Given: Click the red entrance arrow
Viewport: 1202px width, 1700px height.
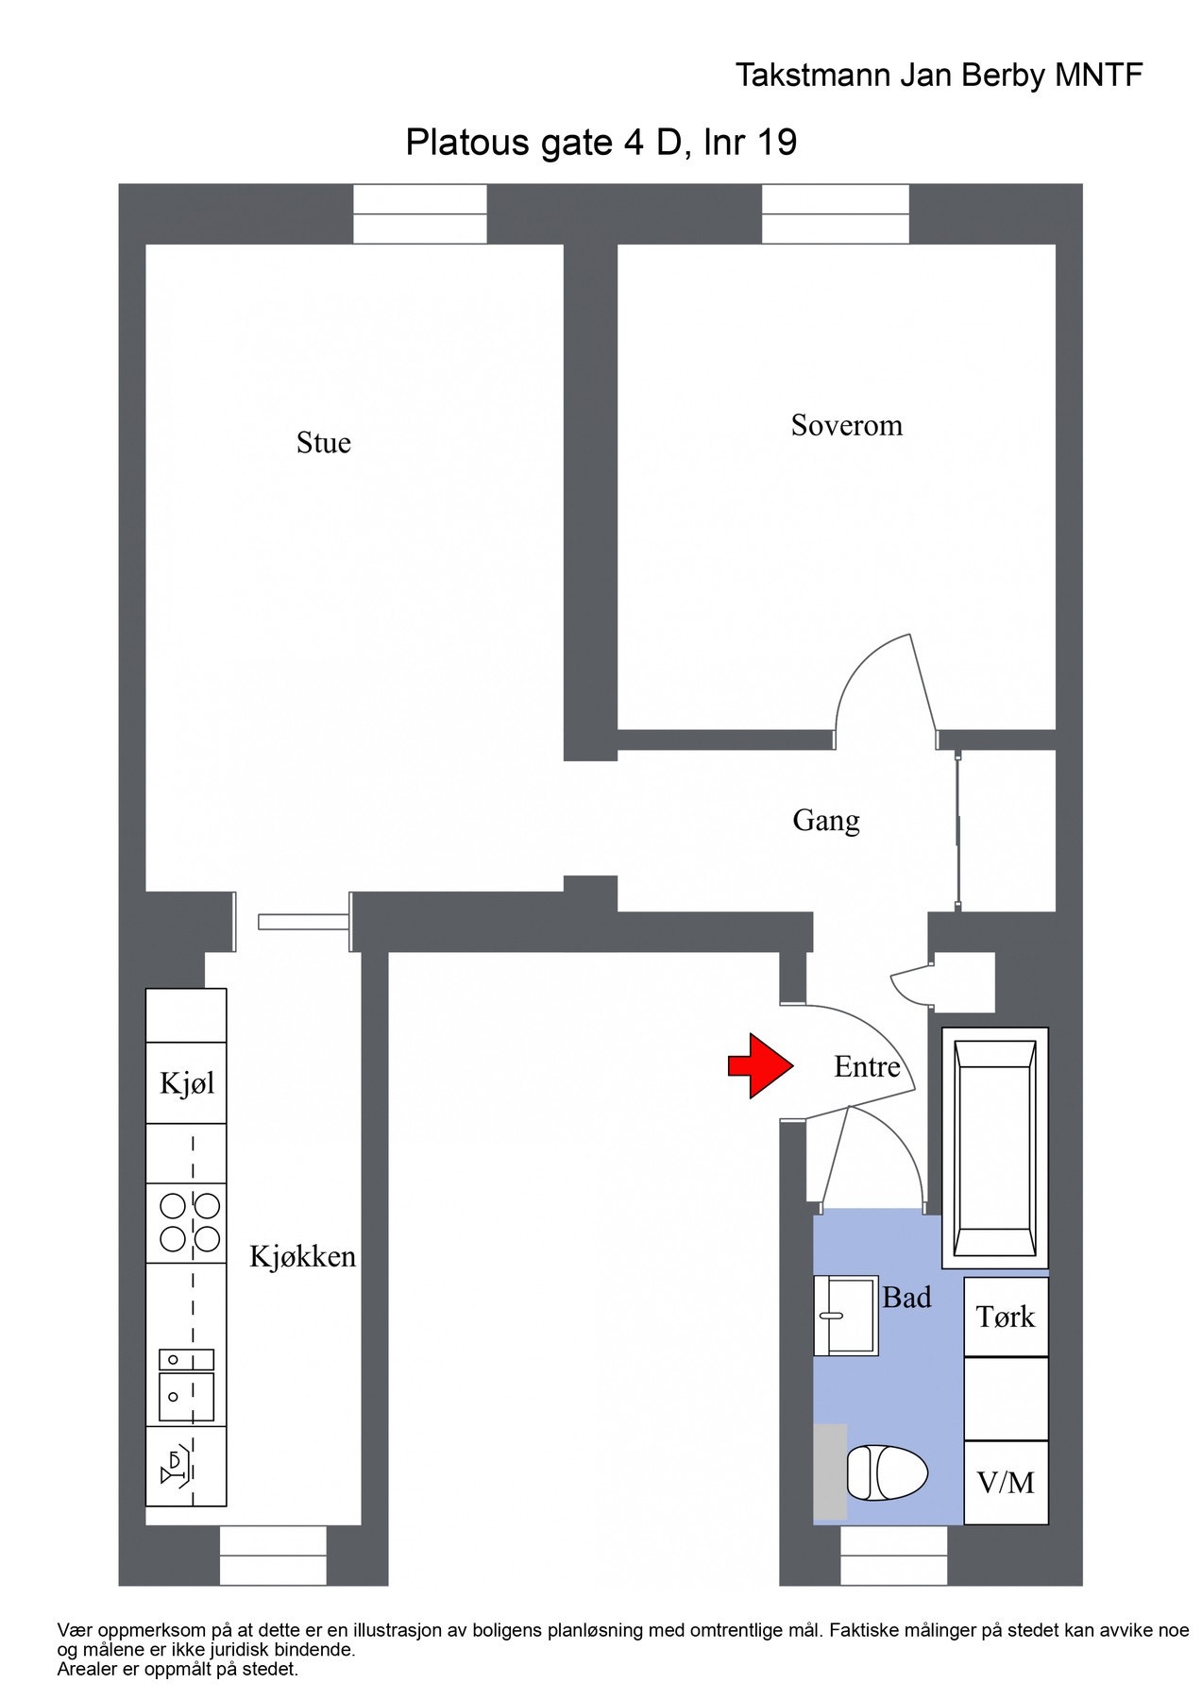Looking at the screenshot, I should (x=759, y=1065).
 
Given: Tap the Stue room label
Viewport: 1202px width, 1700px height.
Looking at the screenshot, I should (x=323, y=443).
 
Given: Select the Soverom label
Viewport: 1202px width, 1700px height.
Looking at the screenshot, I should (x=846, y=426).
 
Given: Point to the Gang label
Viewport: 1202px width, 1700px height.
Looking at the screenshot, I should (x=825, y=821).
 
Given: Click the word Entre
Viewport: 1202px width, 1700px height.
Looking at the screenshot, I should (x=866, y=1067).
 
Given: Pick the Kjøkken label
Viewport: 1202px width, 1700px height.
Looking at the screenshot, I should (x=302, y=1257).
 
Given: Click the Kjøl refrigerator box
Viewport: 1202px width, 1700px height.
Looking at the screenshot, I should (x=186, y=1083).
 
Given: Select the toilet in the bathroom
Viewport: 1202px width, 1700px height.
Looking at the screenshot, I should (x=886, y=1472).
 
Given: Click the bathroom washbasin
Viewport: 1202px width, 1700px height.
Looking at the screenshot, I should (x=846, y=1316).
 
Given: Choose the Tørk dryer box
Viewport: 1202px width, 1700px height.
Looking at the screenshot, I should (x=1006, y=1317).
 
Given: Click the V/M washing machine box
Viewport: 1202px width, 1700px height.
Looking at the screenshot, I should (x=1006, y=1483).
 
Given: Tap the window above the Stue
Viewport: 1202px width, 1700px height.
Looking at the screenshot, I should (x=420, y=214).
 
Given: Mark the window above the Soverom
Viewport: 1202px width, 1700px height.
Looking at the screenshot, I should (x=835, y=214).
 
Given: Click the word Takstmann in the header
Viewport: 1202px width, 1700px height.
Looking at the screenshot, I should (x=813, y=76).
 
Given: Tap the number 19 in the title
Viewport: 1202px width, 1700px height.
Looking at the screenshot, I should (x=777, y=143).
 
